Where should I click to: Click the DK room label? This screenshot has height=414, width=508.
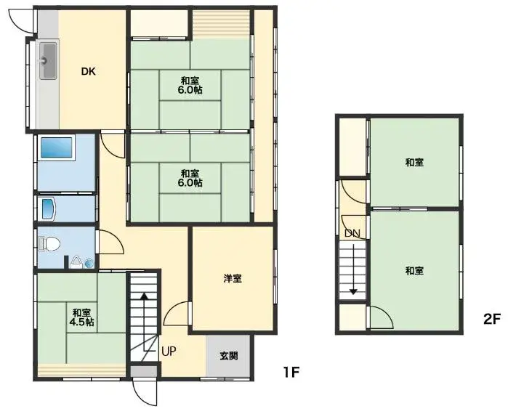[88, 71]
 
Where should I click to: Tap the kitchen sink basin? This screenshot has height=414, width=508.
[48, 61]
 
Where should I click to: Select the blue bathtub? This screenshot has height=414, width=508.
[57, 147]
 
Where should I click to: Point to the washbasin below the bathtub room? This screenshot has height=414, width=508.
[48, 208]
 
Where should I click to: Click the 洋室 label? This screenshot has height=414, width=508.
[233, 278]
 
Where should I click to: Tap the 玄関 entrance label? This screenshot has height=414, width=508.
[229, 356]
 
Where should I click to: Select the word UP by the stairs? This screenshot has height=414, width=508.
[169, 352]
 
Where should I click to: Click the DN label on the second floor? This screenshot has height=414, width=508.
[352, 233]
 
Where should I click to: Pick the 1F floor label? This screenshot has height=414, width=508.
[291, 372]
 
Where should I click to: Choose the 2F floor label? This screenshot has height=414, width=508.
[492, 319]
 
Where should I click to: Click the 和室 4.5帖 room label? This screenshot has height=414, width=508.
[81, 317]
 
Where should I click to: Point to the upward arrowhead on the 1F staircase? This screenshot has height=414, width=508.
[145, 296]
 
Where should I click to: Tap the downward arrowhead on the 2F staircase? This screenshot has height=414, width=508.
[352, 292]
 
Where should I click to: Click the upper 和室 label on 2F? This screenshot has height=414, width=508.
[414, 162]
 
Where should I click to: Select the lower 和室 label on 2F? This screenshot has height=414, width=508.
[414, 270]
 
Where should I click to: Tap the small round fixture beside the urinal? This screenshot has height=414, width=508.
[89, 264]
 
